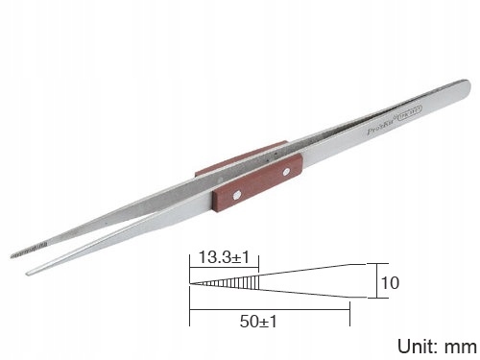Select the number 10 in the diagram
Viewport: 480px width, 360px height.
389,284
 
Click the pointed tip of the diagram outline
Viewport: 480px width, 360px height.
190,284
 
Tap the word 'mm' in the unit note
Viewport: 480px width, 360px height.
458,343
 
